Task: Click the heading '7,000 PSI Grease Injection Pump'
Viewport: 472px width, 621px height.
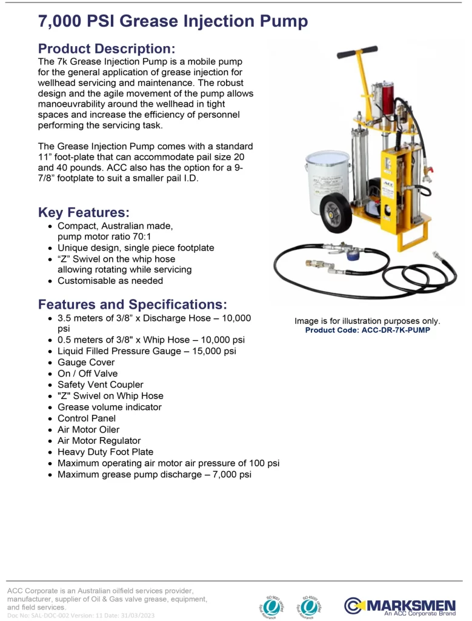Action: (x=173, y=22)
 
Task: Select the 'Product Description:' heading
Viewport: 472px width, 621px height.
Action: (x=107, y=49)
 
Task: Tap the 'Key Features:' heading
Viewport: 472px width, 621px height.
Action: (x=84, y=212)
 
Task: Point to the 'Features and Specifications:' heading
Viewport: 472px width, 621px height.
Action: (x=133, y=304)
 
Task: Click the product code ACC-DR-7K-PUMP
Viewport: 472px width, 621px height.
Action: (x=367, y=331)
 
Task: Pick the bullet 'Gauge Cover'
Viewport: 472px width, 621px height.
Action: (x=86, y=362)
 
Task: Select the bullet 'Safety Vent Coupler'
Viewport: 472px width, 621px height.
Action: (x=101, y=384)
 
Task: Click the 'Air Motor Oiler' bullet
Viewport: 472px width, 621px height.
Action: (x=88, y=429)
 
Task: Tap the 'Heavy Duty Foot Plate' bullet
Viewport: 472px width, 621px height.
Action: (x=105, y=452)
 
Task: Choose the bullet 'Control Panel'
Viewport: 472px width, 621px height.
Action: (x=87, y=418)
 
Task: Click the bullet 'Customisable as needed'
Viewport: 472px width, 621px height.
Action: (x=110, y=281)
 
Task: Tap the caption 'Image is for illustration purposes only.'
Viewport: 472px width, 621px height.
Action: (x=367, y=321)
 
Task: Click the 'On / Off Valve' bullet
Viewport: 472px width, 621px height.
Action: (x=88, y=374)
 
